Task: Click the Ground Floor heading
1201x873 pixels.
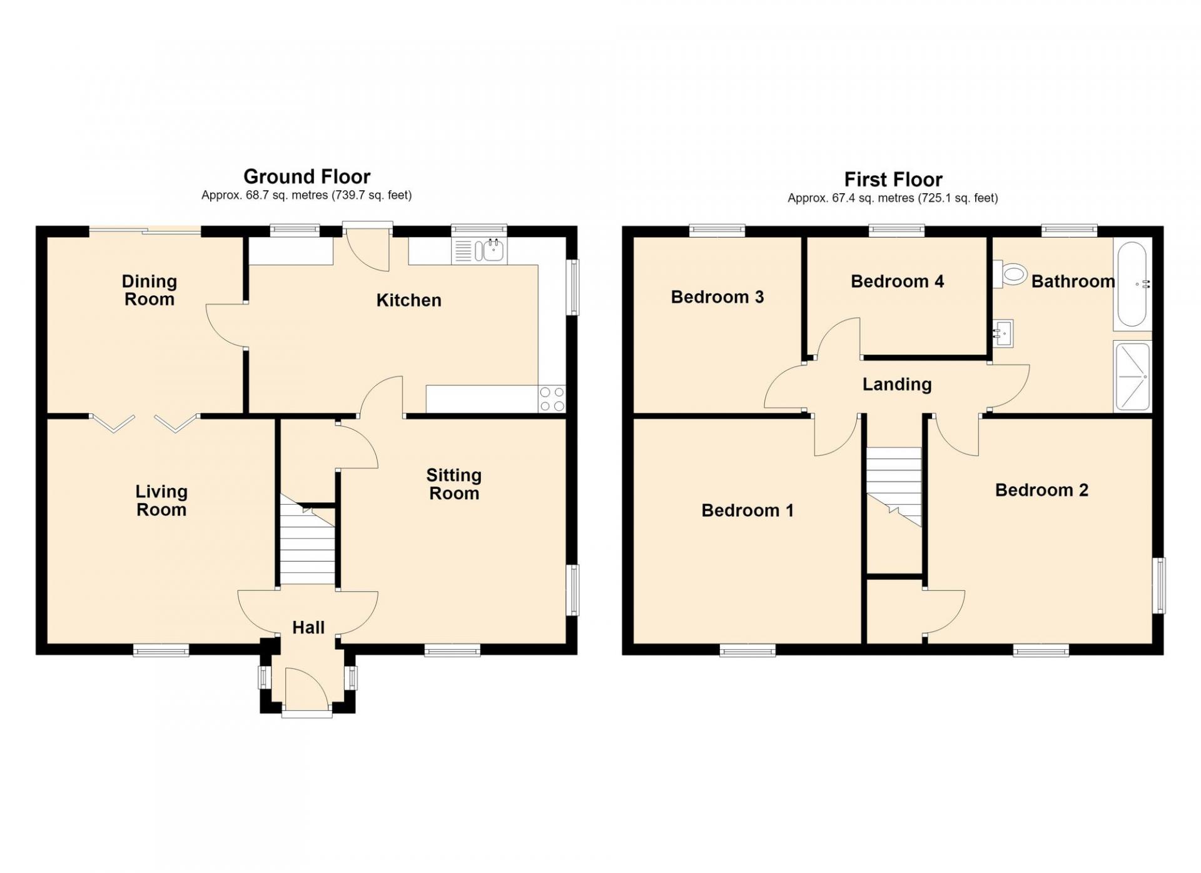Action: (x=307, y=176)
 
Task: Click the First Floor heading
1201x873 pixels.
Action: (x=893, y=179)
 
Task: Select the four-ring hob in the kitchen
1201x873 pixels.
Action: (x=552, y=399)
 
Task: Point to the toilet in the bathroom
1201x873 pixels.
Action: (x=1010, y=274)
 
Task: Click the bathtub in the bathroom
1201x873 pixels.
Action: (x=1132, y=284)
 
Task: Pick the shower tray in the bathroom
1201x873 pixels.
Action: (x=1132, y=376)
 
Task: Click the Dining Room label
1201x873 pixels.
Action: (x=149, y=290)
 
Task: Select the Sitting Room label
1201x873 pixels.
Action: (x=454, y=484)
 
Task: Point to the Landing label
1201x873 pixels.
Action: (x=897, y=384)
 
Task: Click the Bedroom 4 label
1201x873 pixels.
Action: (x=897, y=281)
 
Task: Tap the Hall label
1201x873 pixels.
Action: (x=308, y=627)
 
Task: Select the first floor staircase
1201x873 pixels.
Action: (x=894, y=487)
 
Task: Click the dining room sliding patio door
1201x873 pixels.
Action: (x=145, y=231)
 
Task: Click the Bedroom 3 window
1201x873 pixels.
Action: (x=717, y=231)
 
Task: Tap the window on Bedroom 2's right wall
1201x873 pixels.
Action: (x=1158, y=585)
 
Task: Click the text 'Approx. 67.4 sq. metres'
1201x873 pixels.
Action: (x=851, y=198)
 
